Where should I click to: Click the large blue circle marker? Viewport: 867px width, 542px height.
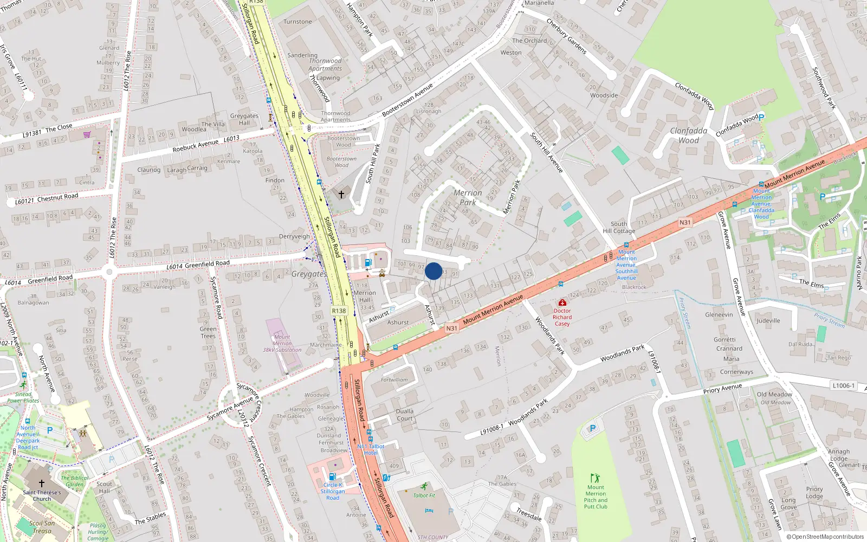tap(433, 271)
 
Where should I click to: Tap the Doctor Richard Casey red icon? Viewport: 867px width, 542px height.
tap(562, 302)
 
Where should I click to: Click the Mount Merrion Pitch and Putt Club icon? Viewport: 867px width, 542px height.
tap(595, 478)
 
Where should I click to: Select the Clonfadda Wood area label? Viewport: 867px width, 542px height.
tap(688, 135)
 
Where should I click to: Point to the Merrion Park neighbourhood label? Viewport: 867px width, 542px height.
tap(468, 197)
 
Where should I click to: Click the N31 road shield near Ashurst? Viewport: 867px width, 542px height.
tap(451, 328)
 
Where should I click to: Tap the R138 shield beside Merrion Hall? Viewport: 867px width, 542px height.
tap(339, 311)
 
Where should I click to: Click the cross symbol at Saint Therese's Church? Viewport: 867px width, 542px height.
tap(42, 483)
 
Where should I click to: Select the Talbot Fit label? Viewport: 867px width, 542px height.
tap(424, 495)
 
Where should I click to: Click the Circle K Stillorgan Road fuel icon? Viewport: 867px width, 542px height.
tap(333, 476)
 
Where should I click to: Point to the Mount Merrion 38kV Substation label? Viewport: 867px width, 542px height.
tap(282, 344)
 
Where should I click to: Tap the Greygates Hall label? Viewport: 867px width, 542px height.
tap(244, 119)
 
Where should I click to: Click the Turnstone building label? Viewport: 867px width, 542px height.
tap(297, 22)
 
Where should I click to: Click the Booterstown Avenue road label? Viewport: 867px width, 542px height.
tap(407, 100)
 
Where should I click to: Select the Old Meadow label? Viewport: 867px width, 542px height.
tap(774, 395)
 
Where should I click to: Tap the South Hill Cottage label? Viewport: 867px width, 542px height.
tap(619, 227)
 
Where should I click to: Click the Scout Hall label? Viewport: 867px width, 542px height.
tap(105, 487)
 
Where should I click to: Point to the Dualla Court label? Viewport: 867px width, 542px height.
tap(404, 415)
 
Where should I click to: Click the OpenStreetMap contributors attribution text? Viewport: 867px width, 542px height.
tap(825, 537)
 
